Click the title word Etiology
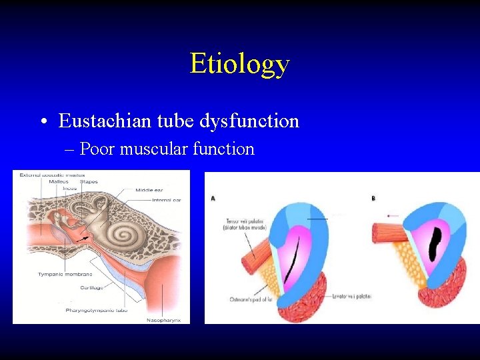[239, 64]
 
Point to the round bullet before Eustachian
[42, 122]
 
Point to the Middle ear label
[149, 190]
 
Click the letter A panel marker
[213, 198]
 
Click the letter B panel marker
[373, 198]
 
